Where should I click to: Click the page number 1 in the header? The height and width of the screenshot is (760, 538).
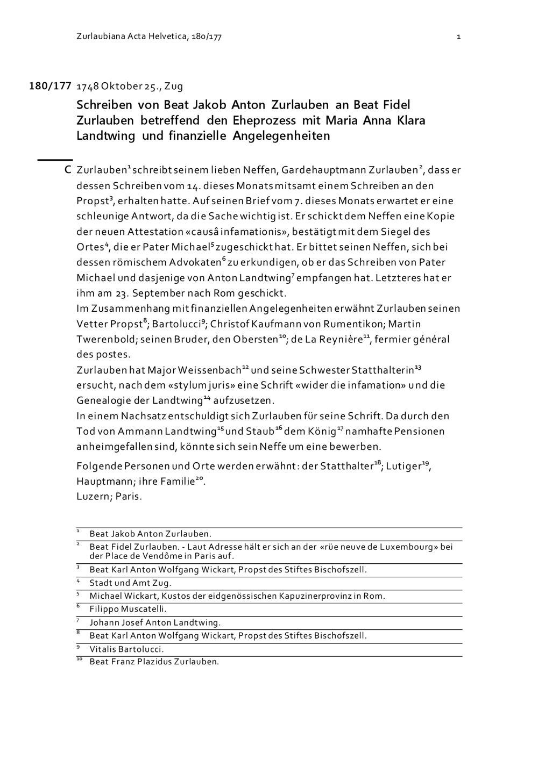[x=458, y=37]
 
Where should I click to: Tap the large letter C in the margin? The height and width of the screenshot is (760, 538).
[x=68, y=170]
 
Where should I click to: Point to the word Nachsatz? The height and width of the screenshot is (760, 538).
[x=143, y=416]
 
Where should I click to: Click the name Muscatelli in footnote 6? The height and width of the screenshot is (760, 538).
[x=140, y=609]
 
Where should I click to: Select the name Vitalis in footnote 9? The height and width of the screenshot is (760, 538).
[x=103, y=649]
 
